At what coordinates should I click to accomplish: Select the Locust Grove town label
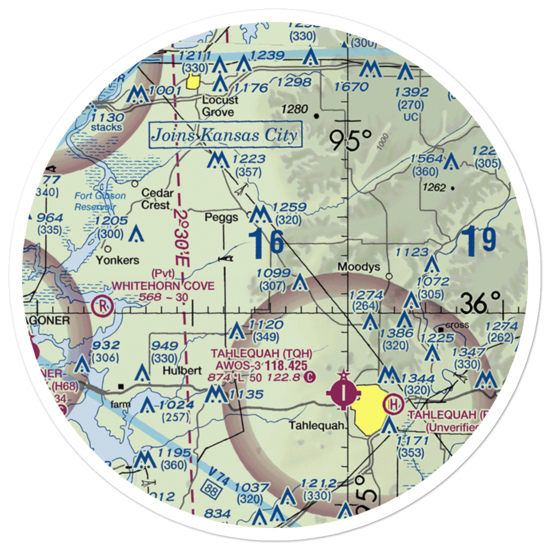[x=220, y=106]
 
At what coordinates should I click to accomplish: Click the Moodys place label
[x=359, y=267]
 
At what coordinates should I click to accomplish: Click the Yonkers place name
[x=118, y=260]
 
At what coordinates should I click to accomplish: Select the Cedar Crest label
[x=158, y=199]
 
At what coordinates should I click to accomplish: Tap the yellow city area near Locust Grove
[x=193, y=82]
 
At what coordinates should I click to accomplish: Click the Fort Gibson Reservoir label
[x=101, y=201]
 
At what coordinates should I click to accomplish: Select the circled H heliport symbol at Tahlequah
[x=393, y=404]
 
